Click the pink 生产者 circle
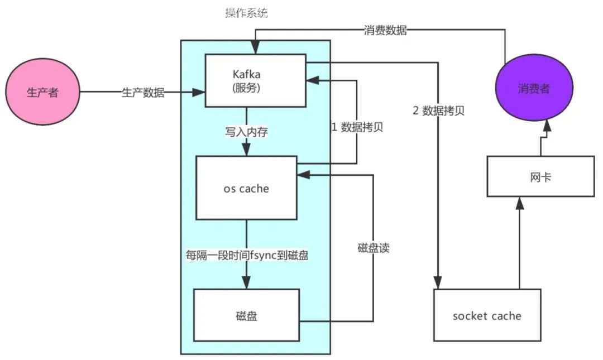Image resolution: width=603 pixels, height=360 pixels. pos(42,93)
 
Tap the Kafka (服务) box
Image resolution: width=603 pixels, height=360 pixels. pos(255,80)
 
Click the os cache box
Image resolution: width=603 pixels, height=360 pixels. pos(246,188)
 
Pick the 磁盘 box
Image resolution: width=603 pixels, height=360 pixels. pos(246,315)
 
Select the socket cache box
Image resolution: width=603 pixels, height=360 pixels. pos(487,315)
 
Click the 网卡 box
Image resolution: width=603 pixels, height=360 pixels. pos(540,176)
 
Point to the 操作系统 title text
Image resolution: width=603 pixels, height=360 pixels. pos(246,13)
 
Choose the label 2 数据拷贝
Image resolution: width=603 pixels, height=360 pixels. pos(438,111)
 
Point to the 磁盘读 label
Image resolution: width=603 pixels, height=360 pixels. pos(373,248)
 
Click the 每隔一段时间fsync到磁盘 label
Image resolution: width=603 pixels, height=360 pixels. pos(247,256)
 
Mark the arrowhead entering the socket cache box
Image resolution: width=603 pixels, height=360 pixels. pos(438,284)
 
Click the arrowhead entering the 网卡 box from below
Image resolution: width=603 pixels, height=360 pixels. pos(520,202)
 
